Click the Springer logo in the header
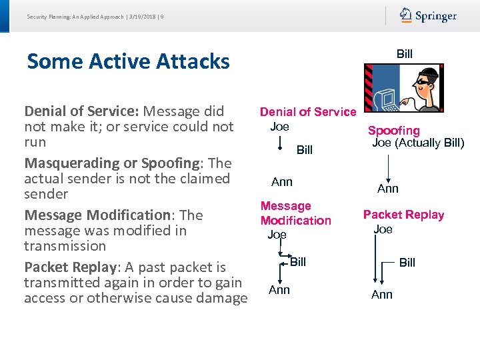(x=428, y=15)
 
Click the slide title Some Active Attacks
(x=128, y=61)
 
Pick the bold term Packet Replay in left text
(x=70, y=267)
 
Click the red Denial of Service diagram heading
(x=308, y=112)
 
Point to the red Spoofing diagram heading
(x=394, y=131)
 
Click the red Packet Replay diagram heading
(x=403, y=215)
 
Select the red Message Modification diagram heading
(x=295, y=213)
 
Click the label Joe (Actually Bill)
(x=417, y=143)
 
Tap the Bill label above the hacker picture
(x=405, y=54)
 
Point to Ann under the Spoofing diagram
(x=388, y=189)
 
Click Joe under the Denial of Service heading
(x=279, y=126)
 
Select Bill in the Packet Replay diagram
(x=407, y=263)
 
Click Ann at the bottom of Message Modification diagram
(x=279, y=289)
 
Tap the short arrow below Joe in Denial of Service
(x=281, y=143)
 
